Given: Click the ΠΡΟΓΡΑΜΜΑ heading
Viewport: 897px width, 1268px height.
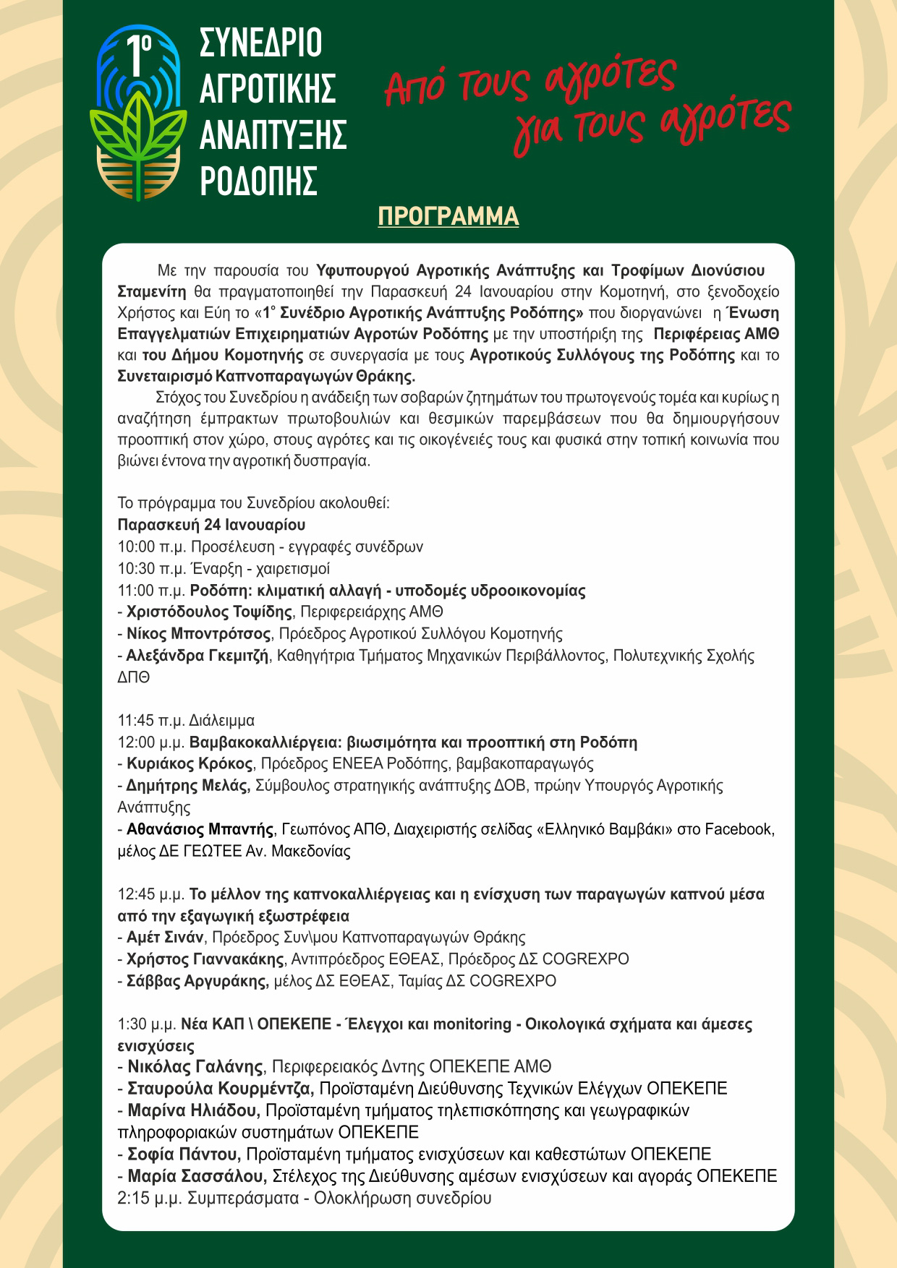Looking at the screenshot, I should [448, 216].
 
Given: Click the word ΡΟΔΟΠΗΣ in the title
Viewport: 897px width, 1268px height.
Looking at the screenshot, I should [258, 179].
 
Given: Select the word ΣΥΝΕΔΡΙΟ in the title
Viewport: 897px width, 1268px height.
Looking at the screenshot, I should [260, 45].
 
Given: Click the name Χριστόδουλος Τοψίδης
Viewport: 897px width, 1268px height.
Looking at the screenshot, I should [209, 612].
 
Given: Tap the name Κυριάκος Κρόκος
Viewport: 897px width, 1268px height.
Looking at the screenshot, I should [190, 763].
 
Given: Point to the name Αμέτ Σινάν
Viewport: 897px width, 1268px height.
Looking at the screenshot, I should [166, 938].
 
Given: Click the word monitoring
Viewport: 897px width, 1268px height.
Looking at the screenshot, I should [472, 1024].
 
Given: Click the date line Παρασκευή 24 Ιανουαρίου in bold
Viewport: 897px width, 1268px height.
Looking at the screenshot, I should [211, 524].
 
